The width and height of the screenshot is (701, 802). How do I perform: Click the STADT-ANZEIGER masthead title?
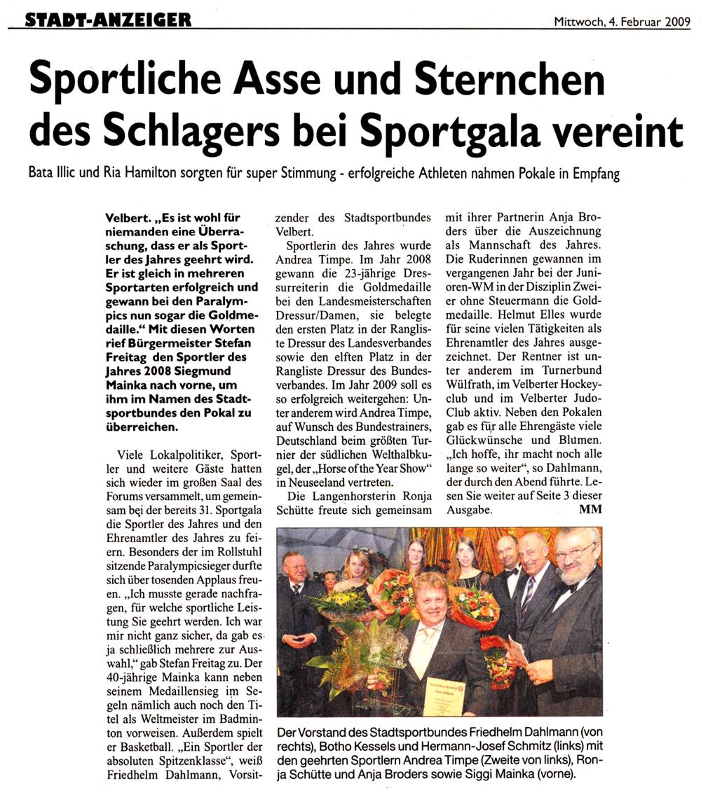(x=108, y=20)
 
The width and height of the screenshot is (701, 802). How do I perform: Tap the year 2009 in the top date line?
(x=675, y=21)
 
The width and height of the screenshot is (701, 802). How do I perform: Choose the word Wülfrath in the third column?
(x=469, y=398)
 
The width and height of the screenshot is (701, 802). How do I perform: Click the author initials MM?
(x=590, y=509)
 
